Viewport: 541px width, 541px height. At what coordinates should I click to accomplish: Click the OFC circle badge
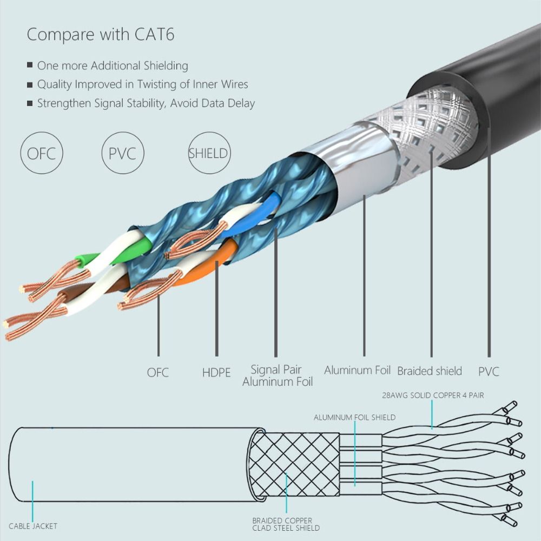[41, 154]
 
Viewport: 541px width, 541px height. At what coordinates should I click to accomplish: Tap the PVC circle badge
[122, 154]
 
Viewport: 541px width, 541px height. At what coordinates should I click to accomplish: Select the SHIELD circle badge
[208, 154]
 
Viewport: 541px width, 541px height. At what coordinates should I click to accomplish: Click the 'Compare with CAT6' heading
[101, 34]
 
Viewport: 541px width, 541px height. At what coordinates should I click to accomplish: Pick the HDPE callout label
[216, 373]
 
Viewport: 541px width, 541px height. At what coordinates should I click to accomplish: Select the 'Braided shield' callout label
[430, 371]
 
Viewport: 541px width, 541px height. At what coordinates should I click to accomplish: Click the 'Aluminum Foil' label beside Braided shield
[357, 371]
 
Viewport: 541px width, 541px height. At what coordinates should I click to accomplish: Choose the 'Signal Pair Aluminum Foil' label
[277, 376]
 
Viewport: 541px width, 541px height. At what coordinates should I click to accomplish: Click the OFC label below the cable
[158, 373]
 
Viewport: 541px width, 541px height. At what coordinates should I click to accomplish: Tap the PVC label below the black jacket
[489, 372]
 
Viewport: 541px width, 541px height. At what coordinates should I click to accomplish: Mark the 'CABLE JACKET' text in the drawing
[33, 526]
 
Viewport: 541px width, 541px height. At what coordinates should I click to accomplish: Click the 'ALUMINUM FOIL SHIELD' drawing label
[354, 418]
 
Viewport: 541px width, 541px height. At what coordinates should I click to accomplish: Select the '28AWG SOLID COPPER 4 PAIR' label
[433, 395]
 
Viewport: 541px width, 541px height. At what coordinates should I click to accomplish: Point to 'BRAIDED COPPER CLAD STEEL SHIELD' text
[286, 524]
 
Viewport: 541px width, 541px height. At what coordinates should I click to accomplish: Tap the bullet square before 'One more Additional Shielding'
[30, 65]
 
